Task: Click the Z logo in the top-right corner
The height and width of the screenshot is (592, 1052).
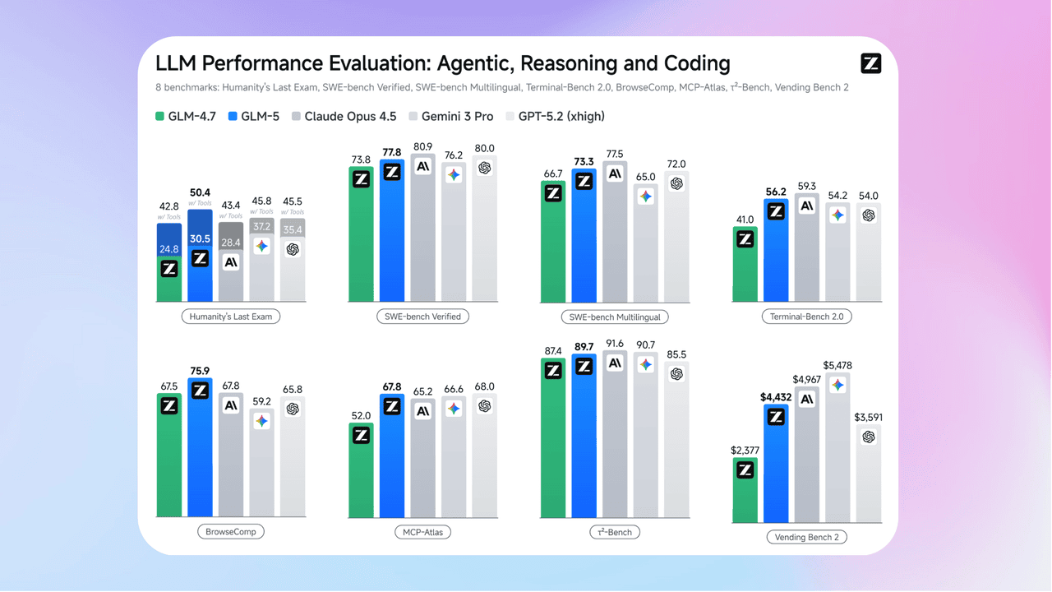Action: pos(870,63)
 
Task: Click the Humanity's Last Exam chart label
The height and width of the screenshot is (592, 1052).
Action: pos(231,317)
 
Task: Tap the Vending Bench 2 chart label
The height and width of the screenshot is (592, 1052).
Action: pos(806,537)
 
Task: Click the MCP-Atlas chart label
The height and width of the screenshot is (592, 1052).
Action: pos(422,532)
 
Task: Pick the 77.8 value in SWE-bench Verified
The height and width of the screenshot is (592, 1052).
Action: pos(391,153)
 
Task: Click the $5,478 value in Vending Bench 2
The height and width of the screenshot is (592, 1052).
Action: pos(837,365)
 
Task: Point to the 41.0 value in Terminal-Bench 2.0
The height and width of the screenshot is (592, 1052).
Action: pos(745,220)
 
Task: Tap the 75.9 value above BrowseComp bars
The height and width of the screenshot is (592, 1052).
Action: pos(200,371)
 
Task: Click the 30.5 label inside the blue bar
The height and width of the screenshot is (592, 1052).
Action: pos(200,238)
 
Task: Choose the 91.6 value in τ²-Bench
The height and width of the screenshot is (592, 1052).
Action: pos(614,344)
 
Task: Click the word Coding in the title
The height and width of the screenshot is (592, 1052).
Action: pos(688,63)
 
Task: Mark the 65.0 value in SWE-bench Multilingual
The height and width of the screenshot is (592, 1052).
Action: pos(645,177)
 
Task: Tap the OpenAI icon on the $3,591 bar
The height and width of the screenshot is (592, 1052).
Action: pos(868,437)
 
